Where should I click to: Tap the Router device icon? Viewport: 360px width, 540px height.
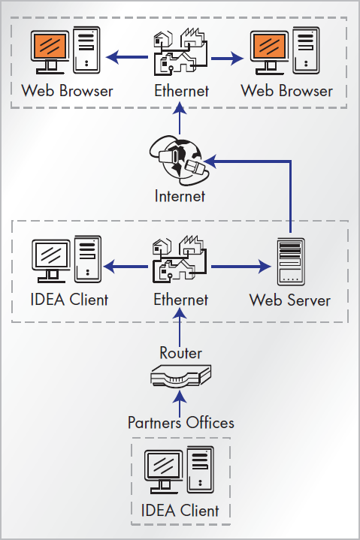tap(180, 376)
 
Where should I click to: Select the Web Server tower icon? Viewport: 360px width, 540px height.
tap(291, 261)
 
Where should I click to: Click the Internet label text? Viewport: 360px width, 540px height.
tap(180, 196)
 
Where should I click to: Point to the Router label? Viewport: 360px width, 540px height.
tap(181, 353)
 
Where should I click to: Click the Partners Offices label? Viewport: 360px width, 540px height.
tap(181, 423)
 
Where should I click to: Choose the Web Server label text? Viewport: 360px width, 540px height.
tap(290, 300)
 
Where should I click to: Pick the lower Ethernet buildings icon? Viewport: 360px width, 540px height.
tap(180, 259)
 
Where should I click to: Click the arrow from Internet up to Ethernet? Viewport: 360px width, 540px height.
tap(180, 118)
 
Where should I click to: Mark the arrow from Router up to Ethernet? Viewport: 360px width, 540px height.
tap(180, 327)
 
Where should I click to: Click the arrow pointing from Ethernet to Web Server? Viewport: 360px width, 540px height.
tap(241, 266)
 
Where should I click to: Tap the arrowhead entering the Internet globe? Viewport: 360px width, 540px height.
tap(210, 161)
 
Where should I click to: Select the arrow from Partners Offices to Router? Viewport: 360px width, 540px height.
tap(180, 403)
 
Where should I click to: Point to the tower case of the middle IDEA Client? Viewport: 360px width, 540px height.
tap(88, 259)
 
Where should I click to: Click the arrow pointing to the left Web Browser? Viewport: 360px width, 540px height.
tap(126, 57)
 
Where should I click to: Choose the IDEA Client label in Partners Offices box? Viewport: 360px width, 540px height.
tap(180, 510)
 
